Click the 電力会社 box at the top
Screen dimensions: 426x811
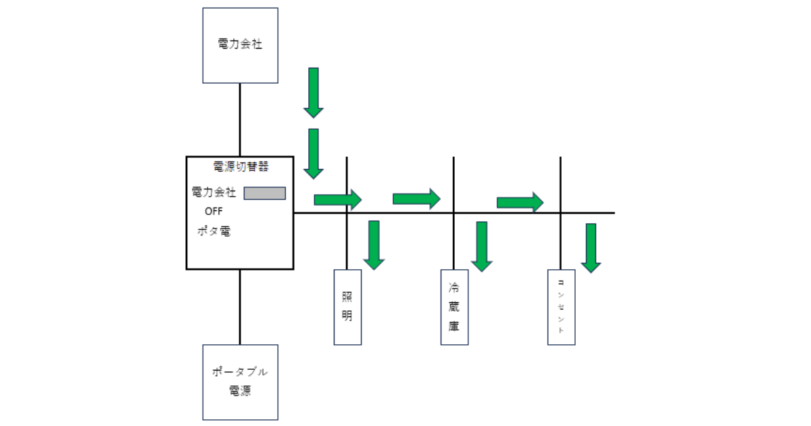[240, 45]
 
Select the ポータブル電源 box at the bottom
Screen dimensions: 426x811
[240, 382]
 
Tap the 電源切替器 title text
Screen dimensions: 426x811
[240, 166]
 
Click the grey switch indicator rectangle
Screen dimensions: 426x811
[264, 193]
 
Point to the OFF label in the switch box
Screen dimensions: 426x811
[213, 211]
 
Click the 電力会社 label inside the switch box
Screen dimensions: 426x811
[214, 193]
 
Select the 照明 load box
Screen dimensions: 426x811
[347, 307]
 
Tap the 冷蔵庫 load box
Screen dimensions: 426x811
[454, 307]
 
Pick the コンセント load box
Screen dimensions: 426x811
[561, 307]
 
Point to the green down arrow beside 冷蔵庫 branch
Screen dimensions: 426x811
[481, 246]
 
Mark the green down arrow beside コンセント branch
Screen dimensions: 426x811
[591, 247]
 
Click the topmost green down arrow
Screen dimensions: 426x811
[314, 92]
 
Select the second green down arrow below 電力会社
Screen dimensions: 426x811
[314, 153]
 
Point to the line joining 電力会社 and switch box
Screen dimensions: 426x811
[240, 119]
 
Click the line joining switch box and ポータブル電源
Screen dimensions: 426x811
[240, 307]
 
